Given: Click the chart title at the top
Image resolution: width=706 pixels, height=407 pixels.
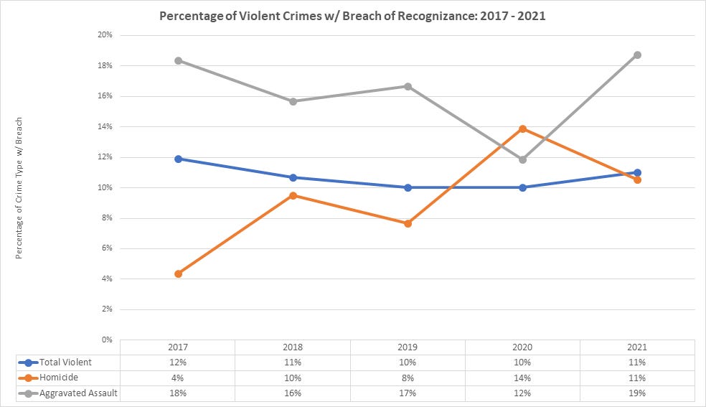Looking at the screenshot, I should click(354, 16).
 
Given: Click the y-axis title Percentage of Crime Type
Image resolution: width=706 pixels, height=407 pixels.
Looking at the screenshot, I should click(19, 187).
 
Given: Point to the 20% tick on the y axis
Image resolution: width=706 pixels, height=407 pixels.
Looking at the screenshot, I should click(105, 35).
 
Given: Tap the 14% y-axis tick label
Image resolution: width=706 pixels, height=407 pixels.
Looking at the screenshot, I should click(105, 126).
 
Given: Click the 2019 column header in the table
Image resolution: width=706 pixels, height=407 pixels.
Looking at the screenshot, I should click(408, 347).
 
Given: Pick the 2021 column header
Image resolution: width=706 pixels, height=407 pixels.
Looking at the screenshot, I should click(637, 347).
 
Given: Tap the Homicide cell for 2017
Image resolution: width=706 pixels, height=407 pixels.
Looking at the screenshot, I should click(178, 378).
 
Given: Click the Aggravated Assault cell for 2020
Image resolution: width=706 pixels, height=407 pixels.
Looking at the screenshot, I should click(522, 393).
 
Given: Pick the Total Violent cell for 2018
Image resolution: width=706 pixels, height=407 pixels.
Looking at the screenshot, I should click(293, 362).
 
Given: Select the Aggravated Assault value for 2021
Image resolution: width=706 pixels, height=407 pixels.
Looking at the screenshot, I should click(637, 393).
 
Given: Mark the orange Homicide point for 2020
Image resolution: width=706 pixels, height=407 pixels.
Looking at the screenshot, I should click(522, 128).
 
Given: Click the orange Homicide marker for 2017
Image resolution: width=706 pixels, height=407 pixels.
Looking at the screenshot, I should click(178, 273).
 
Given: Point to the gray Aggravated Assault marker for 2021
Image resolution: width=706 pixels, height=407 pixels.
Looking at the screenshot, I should click(637, 55).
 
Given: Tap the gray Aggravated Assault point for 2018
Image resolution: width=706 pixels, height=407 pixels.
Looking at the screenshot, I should click(293, 101).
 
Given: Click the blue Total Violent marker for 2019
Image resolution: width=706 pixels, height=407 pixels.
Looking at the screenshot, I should click(408, 187).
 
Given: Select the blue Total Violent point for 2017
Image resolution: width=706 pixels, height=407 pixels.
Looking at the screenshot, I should click(178, 159).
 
